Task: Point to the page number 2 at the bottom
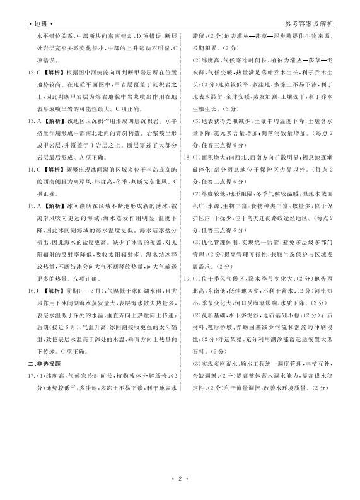[x=180, y=479]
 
